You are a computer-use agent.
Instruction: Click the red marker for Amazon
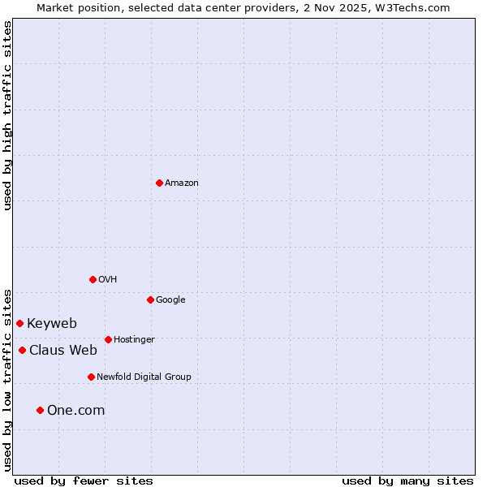(x=159, y=183)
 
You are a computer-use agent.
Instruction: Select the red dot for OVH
(x=93, y=279)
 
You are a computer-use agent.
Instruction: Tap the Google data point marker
(x=150, y=300)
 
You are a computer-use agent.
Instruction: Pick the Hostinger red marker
(x=108, y=339)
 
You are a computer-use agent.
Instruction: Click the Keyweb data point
(x=19, y=323)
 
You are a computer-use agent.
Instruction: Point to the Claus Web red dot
(x=22, y=350)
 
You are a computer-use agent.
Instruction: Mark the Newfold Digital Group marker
(x=91, y=377)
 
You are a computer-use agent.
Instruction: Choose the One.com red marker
(x=40, y=410)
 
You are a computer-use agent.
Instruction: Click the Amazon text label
(x=182, y=183)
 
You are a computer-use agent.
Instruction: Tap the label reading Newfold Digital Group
(x=144, y=377)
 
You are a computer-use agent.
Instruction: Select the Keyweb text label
(x=52, y=323)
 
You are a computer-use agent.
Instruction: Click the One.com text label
(x=75, y=410)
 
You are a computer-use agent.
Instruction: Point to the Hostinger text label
(x=134, y=339)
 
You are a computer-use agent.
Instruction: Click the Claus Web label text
(x=63, y=350)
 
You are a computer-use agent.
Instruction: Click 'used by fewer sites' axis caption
(x=84, y=481)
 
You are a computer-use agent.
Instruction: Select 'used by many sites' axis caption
(x=407, y=481)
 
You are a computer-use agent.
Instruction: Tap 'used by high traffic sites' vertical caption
(x=7, y=115)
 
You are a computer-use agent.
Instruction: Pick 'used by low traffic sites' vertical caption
(x=7, y=379)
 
